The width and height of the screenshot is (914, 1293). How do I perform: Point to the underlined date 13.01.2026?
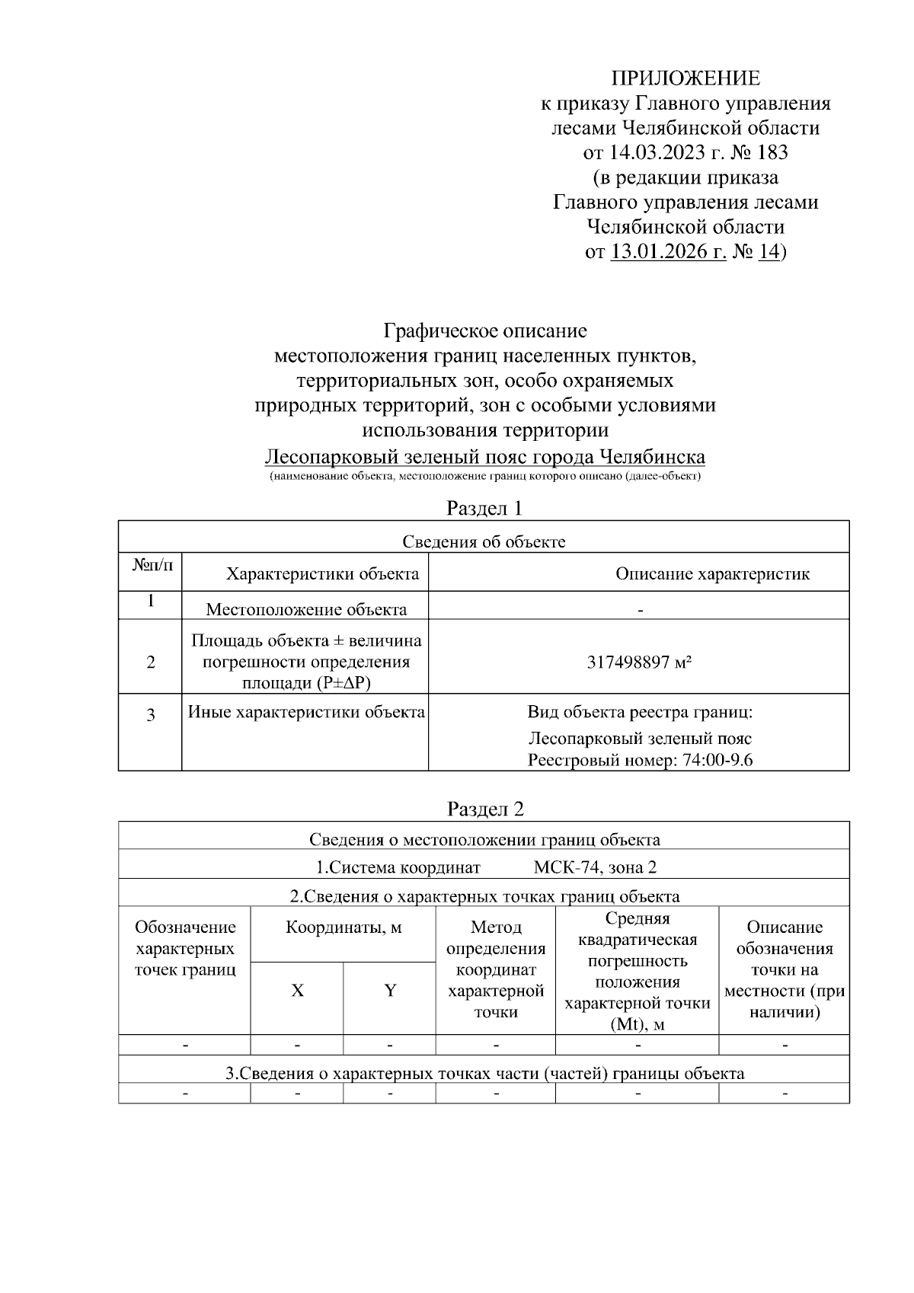668,251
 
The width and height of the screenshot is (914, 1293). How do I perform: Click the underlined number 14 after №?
769,251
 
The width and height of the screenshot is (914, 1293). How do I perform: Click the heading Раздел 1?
484,508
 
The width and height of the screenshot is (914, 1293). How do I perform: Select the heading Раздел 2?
484,809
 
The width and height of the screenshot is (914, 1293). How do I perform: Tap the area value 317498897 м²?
639,662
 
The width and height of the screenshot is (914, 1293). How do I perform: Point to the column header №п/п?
152,565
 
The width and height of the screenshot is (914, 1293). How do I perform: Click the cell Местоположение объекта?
306,609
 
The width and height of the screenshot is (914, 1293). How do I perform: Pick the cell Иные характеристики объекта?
306,713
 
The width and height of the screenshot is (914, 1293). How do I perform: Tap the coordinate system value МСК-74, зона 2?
595,867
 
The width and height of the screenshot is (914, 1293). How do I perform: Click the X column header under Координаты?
297,991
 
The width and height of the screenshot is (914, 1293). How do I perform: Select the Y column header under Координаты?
390,991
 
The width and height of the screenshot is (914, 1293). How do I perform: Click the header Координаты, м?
344,927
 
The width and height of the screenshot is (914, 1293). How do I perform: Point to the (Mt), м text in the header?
638,1024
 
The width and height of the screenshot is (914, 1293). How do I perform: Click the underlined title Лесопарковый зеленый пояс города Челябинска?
484,457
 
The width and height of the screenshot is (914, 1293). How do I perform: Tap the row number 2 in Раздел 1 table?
151,662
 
